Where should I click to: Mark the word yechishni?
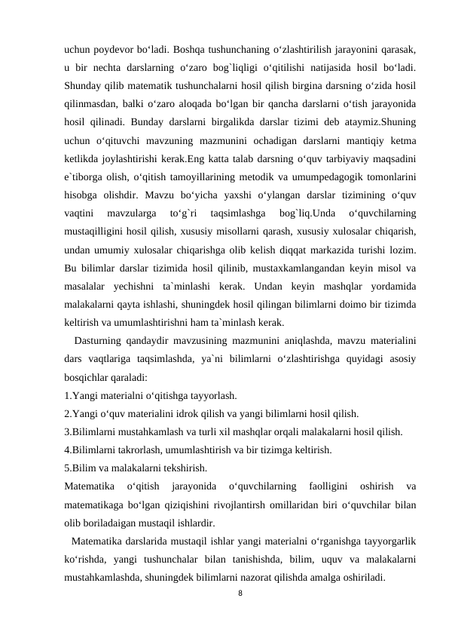point(141,284)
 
